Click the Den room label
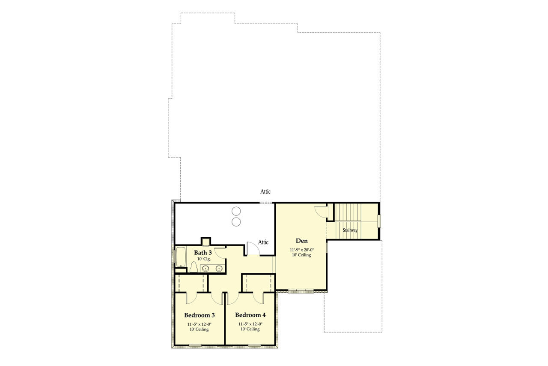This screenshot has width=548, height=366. [301, 241]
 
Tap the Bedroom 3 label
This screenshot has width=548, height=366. [200, 315]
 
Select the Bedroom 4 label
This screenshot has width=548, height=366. [250, 315]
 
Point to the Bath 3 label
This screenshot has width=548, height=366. [203, 253]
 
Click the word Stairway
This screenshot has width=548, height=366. [350, 230]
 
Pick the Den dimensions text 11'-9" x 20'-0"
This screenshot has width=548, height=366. [301, 249]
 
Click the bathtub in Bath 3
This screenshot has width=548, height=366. [180, 257]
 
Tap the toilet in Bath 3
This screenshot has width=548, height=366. [194, 267]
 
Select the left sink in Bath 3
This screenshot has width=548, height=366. [205, 269]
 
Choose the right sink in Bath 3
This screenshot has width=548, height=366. [219, 269]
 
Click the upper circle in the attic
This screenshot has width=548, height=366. [236, 211]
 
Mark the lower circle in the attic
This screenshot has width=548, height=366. [236, 221]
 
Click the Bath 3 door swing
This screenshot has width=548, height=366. [220, 252]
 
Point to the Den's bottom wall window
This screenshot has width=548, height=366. [301, 291]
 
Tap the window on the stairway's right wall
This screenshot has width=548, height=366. [378, 221]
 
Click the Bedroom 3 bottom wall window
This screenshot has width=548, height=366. [195, 345]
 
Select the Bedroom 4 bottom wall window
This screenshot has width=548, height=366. [254, 345]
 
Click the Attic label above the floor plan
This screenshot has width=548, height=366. [265, 192]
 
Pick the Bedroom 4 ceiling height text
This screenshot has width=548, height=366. [250, 330]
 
